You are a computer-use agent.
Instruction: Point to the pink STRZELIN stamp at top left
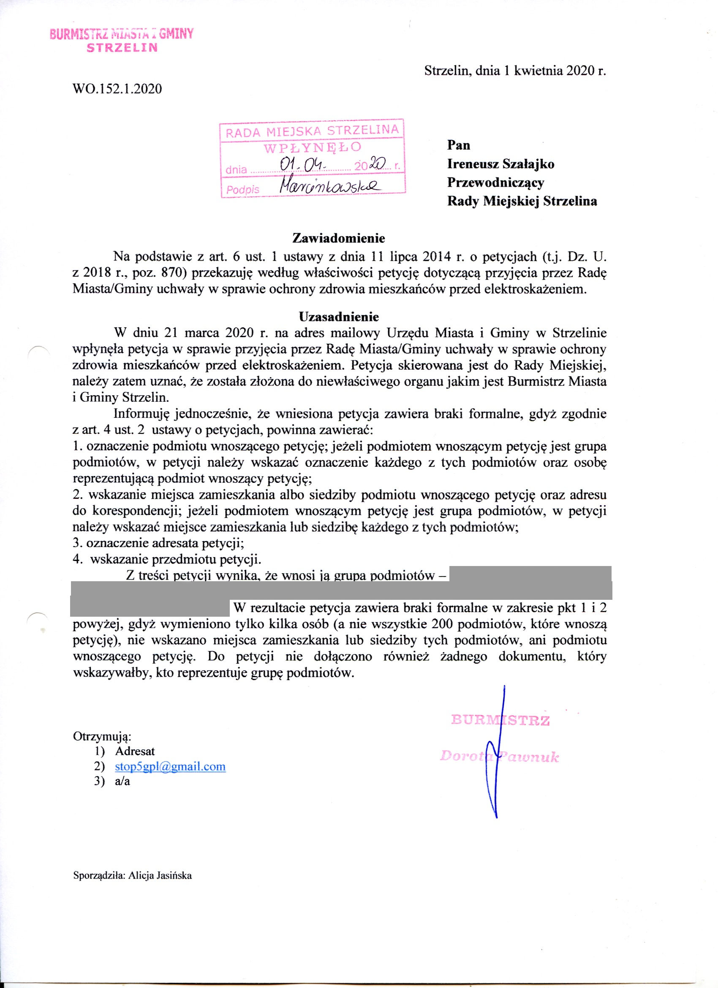[122, 48]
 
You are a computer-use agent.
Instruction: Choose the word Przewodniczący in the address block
[496, 182]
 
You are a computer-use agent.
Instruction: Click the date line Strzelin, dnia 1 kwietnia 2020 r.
[515, 71]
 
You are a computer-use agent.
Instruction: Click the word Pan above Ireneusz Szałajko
[459, 145]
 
